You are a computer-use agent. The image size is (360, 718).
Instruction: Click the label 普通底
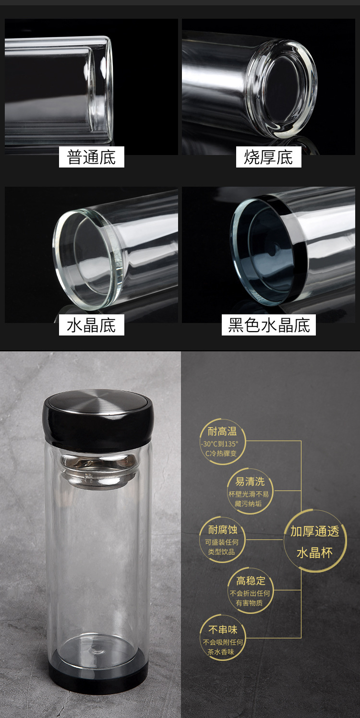[91, 157]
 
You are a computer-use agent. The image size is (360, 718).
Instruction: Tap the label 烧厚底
[268, 157]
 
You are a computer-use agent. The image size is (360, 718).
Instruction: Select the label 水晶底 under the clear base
[91, 325]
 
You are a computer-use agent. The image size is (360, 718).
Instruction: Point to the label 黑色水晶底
[268, 325]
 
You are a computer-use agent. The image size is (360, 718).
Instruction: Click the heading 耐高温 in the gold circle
[222, 431]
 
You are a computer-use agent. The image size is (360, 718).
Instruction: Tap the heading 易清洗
[250, 481]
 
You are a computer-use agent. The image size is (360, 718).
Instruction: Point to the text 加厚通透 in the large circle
[315, 531]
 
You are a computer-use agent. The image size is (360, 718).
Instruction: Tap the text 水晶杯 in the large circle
[315, 552]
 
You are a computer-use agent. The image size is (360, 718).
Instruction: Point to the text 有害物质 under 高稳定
[249, 603]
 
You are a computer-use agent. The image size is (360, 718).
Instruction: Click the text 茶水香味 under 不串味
[222, 651]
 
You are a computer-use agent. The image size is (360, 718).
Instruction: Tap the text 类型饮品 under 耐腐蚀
[221, 552]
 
